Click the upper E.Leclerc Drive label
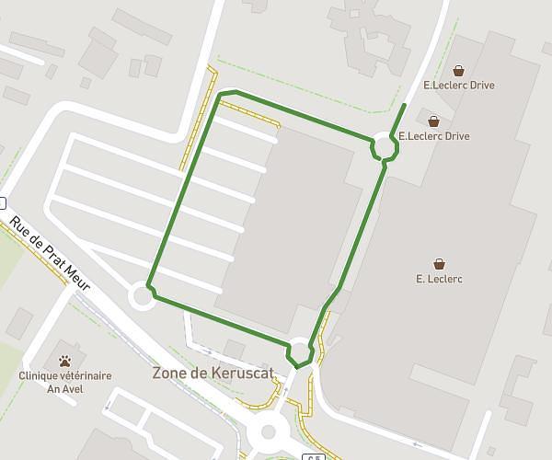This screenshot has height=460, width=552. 459,86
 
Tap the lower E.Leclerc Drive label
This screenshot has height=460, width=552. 433,136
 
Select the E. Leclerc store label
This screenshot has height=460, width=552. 439,279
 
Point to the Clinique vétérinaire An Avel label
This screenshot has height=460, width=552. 65,382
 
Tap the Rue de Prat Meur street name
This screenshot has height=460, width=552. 50,254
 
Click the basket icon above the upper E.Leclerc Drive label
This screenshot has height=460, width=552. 459,70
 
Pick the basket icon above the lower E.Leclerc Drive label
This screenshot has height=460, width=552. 433,121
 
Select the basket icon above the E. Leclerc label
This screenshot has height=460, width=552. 439,263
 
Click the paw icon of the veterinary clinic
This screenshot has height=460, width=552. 65,361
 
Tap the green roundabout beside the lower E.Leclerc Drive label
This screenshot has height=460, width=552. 385,147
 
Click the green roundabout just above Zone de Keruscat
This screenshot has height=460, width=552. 301,351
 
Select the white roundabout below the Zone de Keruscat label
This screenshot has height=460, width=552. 269,431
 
